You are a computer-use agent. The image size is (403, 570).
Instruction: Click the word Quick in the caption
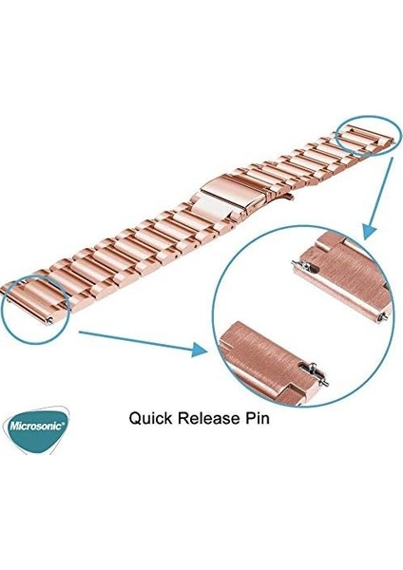click(x=150, y=418)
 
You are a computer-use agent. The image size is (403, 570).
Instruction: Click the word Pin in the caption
click(x=256, y=418)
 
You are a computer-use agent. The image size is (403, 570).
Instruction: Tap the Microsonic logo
click(x=35, y=428)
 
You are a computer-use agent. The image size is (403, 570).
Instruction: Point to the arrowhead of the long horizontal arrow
click(x=200, y=350)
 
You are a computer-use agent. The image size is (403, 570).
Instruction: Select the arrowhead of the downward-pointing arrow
click(x=369, y=231)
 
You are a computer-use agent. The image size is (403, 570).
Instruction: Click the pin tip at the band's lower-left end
click(x=49, y=320)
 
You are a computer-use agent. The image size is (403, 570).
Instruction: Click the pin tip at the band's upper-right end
click(x=393, y=142)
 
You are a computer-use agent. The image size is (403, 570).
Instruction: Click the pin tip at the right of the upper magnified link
click(x=383, y=317)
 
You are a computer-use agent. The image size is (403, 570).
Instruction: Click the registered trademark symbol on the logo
click(x=66, y=423)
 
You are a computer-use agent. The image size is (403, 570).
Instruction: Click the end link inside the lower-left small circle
click(x=35, y=301)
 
